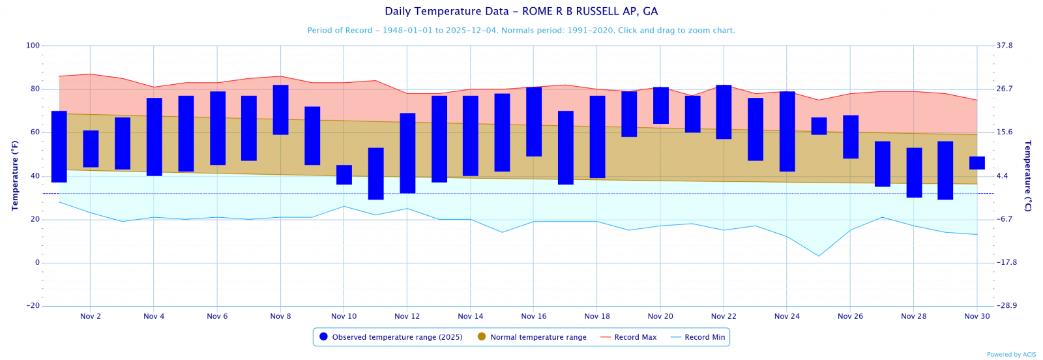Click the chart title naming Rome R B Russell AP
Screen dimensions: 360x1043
[x=521, y=12]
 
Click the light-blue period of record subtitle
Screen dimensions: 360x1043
[x=521, y=31]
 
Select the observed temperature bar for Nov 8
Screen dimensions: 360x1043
[x=280, y=110]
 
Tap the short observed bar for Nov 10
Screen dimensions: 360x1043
[x=344, y=175]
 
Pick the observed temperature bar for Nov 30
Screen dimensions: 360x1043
[x=977, y=163]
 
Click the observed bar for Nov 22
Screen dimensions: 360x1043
[x=724, y=112]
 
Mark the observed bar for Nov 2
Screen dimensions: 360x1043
[x=91, y=149]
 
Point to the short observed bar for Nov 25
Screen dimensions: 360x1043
[x=819, y=126]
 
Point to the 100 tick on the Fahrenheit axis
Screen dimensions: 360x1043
[x=33, y=46]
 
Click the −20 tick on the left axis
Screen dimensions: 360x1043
[x=33, y=306]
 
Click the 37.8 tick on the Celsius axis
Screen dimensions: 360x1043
[x=1005, y=46]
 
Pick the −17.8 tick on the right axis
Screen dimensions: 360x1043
[x=1007, y=263]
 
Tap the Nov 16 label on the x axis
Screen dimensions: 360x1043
[x=534, y=316]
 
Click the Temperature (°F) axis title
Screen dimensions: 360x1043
[x=15, y=175]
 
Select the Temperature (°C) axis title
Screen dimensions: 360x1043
[x=1028, y=175]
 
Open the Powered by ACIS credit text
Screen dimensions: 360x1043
[x=1011, y=355]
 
